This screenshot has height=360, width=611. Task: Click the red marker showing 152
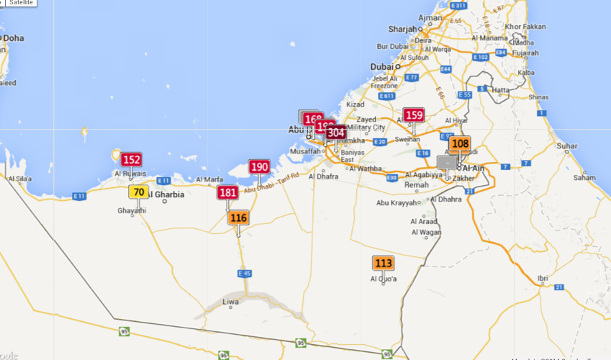point(131,160)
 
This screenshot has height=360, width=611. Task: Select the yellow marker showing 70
point(139,192)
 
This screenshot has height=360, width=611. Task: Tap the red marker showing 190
point(259,167)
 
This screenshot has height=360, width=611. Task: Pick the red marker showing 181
point(227,192)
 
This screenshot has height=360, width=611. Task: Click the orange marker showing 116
point(238,217)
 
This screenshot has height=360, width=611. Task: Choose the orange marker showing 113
point(383,264)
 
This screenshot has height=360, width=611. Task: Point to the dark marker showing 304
point(336,132)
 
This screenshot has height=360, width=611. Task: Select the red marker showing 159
point(413,115)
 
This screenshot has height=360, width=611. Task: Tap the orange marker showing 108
point(459,143)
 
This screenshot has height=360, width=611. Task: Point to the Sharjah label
point(402,29)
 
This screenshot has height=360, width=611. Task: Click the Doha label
point(13,38)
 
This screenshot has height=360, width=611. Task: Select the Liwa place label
point(230,302)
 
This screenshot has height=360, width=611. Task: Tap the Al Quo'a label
point(384,279)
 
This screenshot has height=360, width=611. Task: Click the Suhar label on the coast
point(566,146)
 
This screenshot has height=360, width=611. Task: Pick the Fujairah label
point(525,53)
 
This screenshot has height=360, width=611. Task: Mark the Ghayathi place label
point(132,210)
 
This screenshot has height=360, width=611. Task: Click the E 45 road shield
point(245,274)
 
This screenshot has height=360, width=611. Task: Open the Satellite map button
point(20,3)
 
